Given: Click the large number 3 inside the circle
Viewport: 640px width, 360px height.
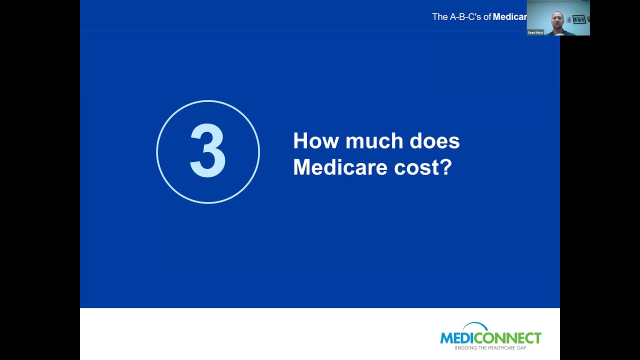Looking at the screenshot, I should point(208,151).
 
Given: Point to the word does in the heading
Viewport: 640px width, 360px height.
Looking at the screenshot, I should point(434,141).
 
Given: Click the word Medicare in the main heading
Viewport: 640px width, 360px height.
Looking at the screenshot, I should point(340,167).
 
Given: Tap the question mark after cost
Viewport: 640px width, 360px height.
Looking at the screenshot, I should point(446,167).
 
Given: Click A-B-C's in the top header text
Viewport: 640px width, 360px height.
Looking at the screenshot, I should point(465,17).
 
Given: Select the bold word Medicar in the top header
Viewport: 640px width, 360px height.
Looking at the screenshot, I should point(509,17).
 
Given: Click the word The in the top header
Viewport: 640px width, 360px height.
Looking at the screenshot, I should point(439,17).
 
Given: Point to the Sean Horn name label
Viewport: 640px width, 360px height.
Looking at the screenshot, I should point(535,32).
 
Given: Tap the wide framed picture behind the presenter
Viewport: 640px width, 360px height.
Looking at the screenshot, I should point(579,19).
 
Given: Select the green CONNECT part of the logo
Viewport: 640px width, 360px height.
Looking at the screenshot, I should point(506,338).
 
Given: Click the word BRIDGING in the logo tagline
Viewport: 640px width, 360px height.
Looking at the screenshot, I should point(464,347).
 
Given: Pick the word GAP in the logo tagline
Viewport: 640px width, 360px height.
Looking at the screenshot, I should point(521,347).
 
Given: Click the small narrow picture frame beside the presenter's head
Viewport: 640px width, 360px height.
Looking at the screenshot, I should point(568,20).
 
